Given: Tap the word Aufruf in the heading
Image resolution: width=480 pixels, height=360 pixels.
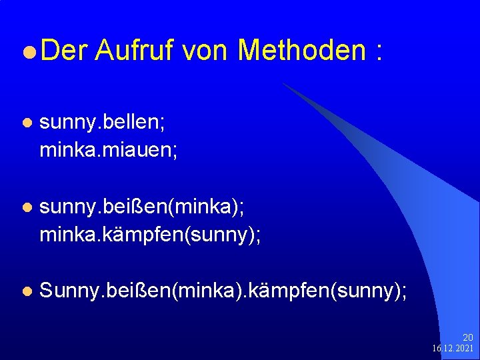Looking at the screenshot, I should (133, 51).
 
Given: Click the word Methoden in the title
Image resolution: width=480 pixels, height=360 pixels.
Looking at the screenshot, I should (301, 51).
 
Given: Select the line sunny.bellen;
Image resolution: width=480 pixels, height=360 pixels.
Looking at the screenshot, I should (104, 123).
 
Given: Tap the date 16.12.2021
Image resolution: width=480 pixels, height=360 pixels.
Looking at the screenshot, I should (453, 349).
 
